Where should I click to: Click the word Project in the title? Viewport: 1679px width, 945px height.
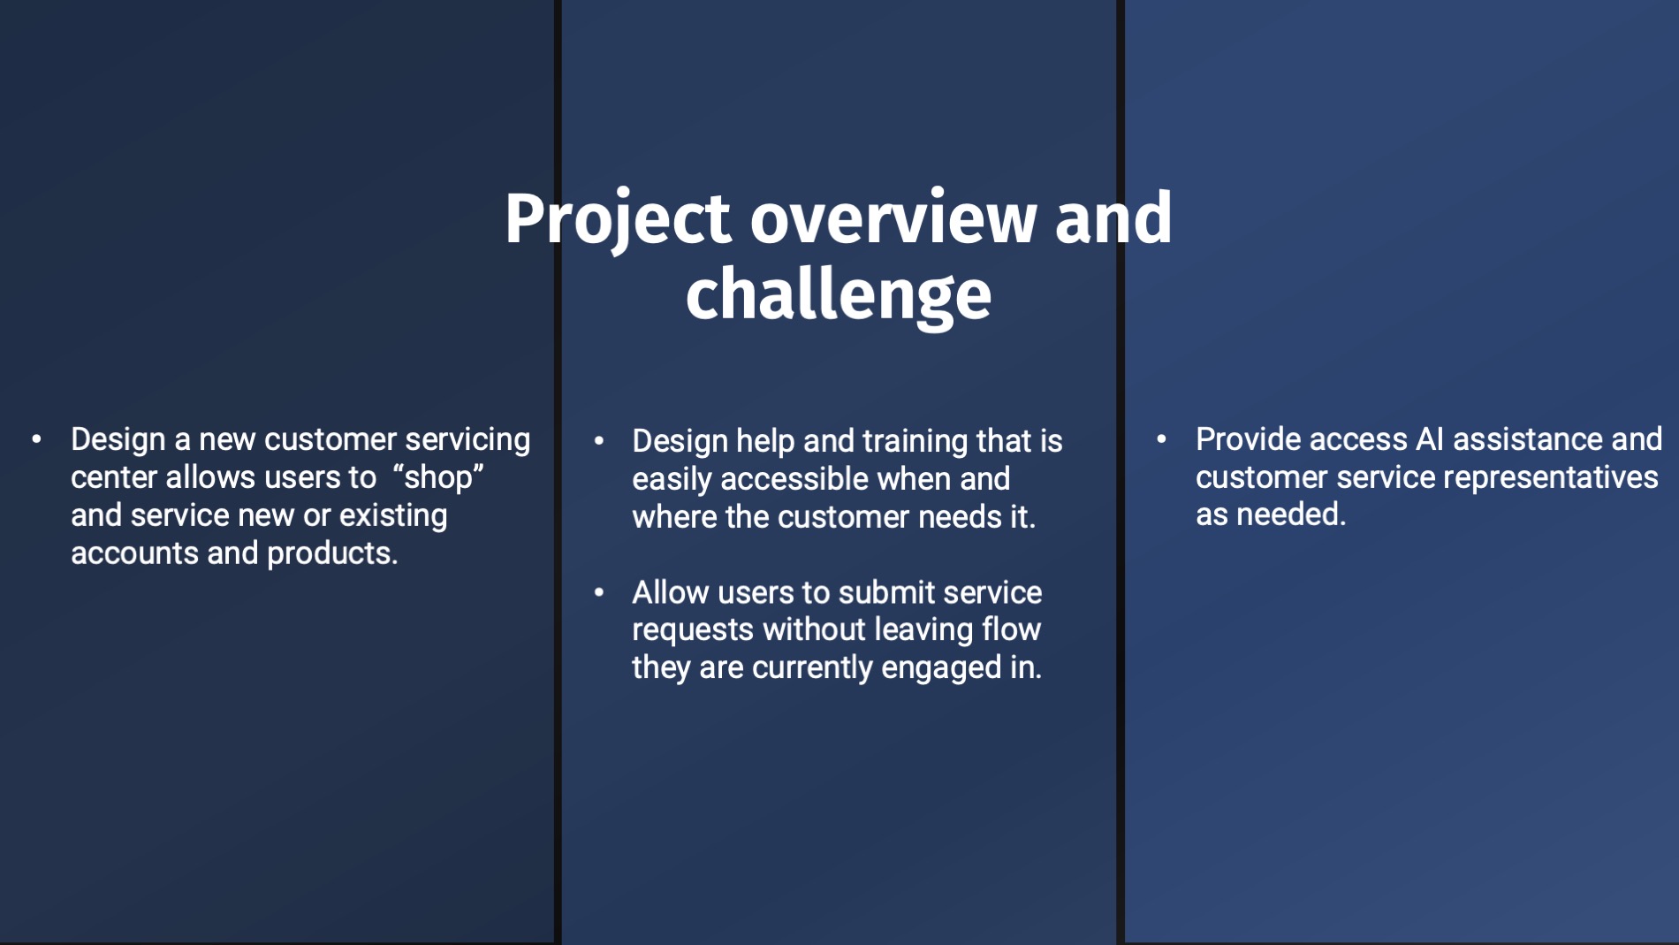[x=618, y=219]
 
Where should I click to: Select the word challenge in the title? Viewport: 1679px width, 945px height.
[x=839, y=296]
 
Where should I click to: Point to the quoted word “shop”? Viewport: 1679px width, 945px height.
[x=439, y=477]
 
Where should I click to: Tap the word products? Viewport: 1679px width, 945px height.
[x=332, y=553]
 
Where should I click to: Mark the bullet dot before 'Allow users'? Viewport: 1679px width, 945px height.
[x=599, y=592]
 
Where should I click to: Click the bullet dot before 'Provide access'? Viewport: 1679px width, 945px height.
[x=1162, y=439]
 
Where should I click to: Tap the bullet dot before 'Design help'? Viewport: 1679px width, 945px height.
[x=599, y=441]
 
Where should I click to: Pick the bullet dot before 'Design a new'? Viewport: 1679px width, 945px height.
[x=36, y=439]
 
